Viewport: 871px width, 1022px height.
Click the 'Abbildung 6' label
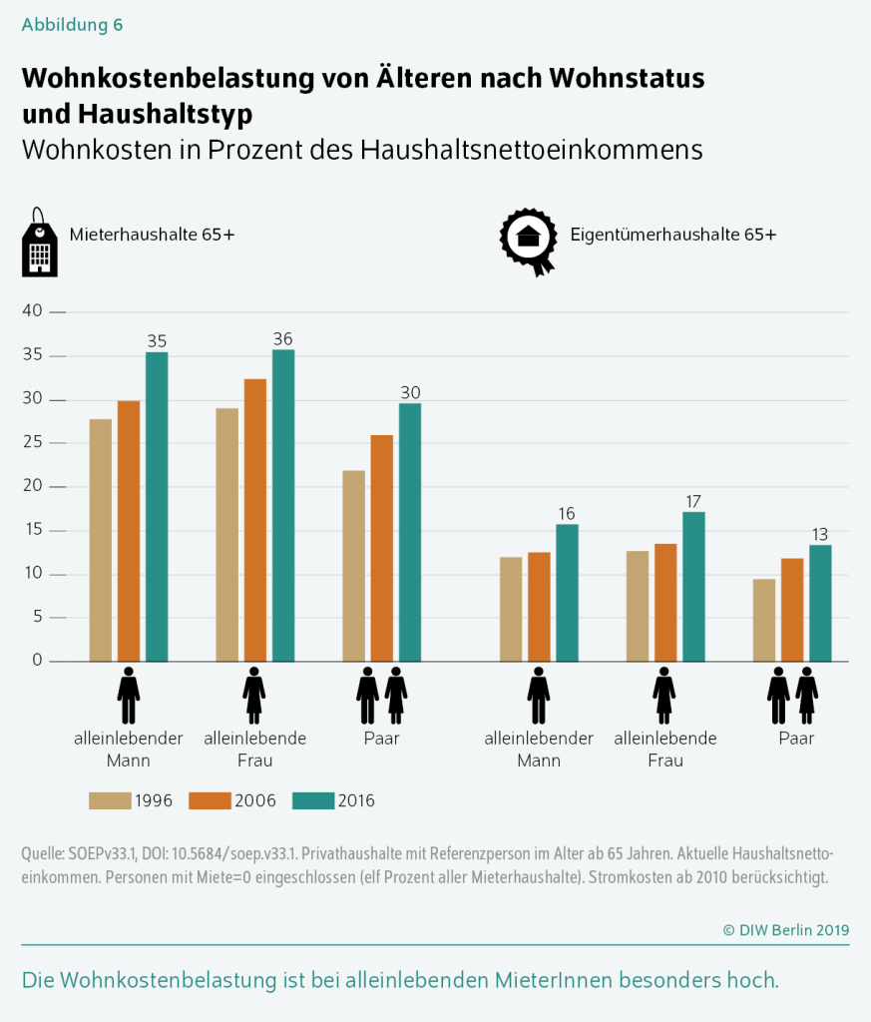tap(72, 26)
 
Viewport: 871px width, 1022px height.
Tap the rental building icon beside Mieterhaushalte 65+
tap(39, 244)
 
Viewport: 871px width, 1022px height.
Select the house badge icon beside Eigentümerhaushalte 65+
tap(527, 241)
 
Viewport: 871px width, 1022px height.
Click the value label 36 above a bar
tap(283, 339)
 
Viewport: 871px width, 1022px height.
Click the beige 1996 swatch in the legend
tap(110, 800)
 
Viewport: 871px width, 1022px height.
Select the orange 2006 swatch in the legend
tap(212, 800)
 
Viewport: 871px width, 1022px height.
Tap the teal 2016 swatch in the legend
tap(313, 800)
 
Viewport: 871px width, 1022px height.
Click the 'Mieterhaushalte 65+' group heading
tap(152, 235)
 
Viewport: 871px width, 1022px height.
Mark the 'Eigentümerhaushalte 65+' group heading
tap(673, 235)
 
